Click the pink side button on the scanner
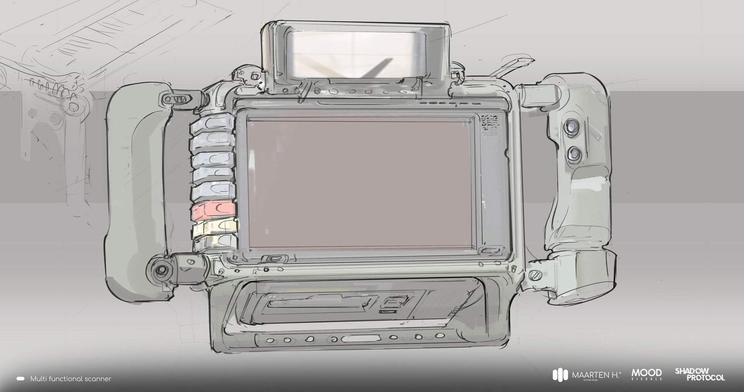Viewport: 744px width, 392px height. (x=213, y=210)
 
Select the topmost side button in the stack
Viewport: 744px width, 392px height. (x=212, y=123)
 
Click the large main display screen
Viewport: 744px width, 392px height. (x=360, y=184)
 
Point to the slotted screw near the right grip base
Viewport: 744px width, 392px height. (x=535, y=276)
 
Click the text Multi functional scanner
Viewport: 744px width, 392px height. (x=71, y=379)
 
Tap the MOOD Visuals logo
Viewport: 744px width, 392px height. (x=647, y=374)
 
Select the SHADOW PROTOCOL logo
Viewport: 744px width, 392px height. (x=699, y=374)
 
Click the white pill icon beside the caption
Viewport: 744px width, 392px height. (x=21, y=379)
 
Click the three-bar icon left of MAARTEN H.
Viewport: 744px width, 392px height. (x=560, y=375)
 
